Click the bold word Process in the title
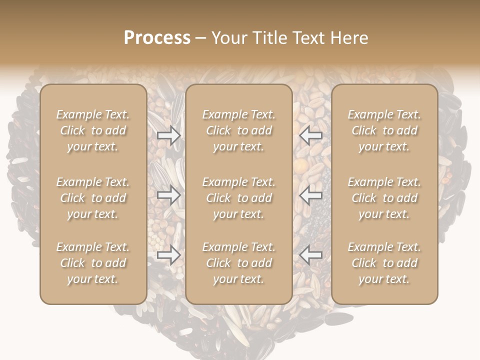point(157,38)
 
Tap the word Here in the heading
point(348,38)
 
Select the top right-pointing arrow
point(169,135)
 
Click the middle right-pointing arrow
point(169,195)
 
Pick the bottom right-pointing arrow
point(169,255)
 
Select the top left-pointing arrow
point(311,135)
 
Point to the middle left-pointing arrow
point(311,195)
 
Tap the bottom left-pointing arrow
point(311,255)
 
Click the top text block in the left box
point(93,130)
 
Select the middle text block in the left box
point(93,198)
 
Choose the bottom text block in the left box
point(93,263)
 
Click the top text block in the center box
point(239,130)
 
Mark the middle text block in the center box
point(239,198)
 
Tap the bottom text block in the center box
point(239,263)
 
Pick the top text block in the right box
point(384,130)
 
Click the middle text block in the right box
point(384,198)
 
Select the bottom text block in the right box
point(384,263)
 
